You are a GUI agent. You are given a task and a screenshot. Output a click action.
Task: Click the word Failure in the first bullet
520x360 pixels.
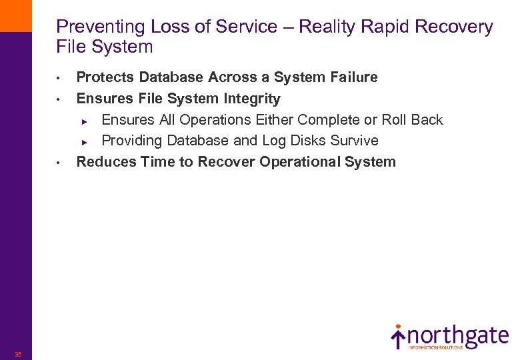pyautogui.click(x=354, y=77)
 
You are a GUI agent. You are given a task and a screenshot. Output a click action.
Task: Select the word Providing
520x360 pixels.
pyautogui.click(x=132, y=141)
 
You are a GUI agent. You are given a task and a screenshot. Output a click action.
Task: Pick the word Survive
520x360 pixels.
pyautogui.click(x=355, y=141)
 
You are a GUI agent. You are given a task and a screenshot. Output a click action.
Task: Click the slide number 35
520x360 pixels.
pyautogui.click(x=18, y=354)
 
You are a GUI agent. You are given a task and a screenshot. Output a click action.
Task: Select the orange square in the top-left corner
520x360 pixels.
pyautogui.click(x=15, y=15)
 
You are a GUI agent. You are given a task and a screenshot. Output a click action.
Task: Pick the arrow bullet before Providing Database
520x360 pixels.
pyautogui.click(x=85, y=142)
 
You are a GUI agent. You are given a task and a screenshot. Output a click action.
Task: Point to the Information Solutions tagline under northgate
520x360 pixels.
pyautogui.click(x=436, y=347)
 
